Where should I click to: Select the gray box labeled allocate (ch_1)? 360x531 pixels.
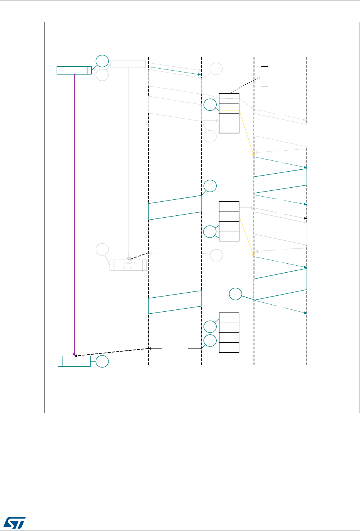128,265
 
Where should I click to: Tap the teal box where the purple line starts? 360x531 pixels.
74,70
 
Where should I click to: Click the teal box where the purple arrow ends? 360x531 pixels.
74,361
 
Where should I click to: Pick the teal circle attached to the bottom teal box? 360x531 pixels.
103,361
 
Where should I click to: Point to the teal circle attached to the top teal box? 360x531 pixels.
102,61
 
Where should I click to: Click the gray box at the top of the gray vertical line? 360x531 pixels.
128,64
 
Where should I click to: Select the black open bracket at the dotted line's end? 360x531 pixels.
264,76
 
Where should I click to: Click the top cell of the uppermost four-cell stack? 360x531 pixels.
229,98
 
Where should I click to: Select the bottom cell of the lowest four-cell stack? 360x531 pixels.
229,347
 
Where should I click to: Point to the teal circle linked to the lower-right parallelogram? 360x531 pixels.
235,295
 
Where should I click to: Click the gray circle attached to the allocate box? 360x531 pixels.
103,249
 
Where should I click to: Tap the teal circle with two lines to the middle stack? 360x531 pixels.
210,232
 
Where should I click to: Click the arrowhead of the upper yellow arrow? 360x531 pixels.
254,155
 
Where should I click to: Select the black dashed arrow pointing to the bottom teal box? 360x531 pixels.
111,352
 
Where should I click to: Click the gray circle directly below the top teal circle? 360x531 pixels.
102,75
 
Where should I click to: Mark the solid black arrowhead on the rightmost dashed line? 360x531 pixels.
306,218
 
